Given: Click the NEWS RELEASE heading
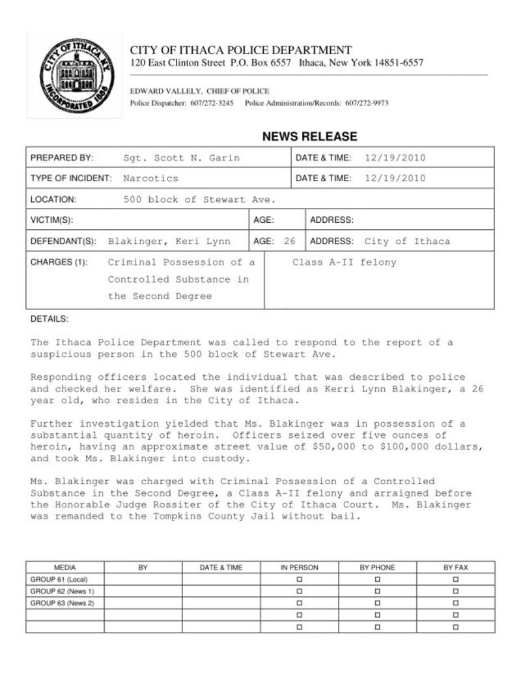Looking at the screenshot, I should [x=309, y=137].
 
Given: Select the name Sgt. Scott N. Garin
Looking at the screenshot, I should [x=181, y=158].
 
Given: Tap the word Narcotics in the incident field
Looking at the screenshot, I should [x=150, y=178].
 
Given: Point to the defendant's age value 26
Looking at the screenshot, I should [x=290, y=241].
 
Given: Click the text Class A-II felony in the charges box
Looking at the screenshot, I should [x=344, y=263].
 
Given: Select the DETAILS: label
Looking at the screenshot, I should [x=49, y=319].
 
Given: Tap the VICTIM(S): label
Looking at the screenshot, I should [x=51, y=220].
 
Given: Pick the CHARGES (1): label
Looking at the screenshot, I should [x=59, y=263].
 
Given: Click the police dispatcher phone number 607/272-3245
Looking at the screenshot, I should [x=212, y=104].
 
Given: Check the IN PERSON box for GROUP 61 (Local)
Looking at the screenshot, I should [x=300, y=579].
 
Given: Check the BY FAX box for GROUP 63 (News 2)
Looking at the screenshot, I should [x=456, y=603].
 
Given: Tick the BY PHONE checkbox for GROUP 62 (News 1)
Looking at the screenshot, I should [x=378, y=591].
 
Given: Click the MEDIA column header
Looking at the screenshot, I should [x=64, y=567].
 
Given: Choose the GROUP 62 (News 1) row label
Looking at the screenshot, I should [x=63, y=591].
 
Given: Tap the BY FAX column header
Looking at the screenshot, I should [x=456, y=567].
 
